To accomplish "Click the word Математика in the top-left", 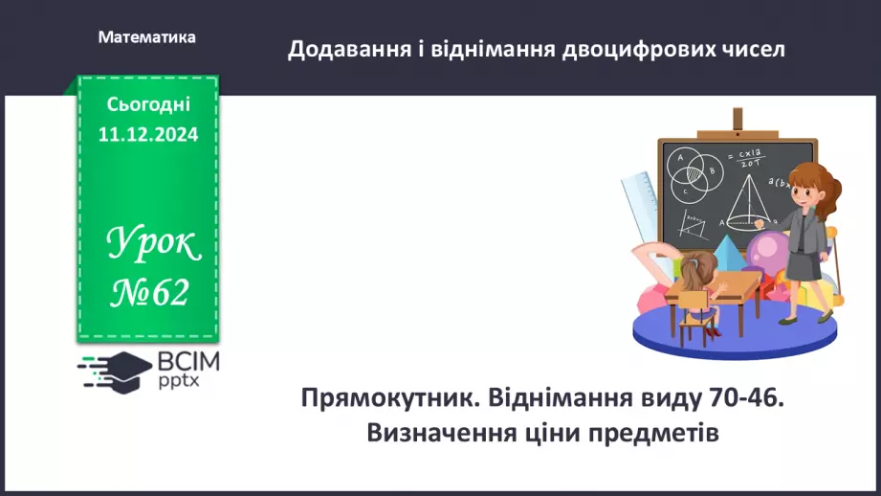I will click(146, 37).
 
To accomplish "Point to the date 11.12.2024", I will click(147, 135).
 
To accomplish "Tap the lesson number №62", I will click(149, 291).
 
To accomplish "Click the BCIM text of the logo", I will click(187, 362).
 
